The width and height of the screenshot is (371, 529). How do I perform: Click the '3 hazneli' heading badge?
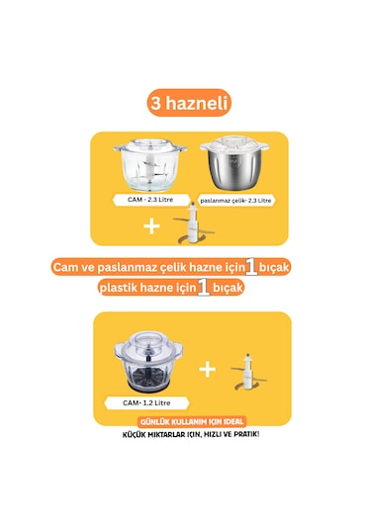pos(186,103)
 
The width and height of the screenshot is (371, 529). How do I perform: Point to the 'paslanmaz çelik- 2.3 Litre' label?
pos(235,201)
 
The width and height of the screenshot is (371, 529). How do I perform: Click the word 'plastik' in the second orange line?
pos(123,289)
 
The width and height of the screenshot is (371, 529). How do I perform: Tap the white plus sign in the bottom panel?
pos(207,369)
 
